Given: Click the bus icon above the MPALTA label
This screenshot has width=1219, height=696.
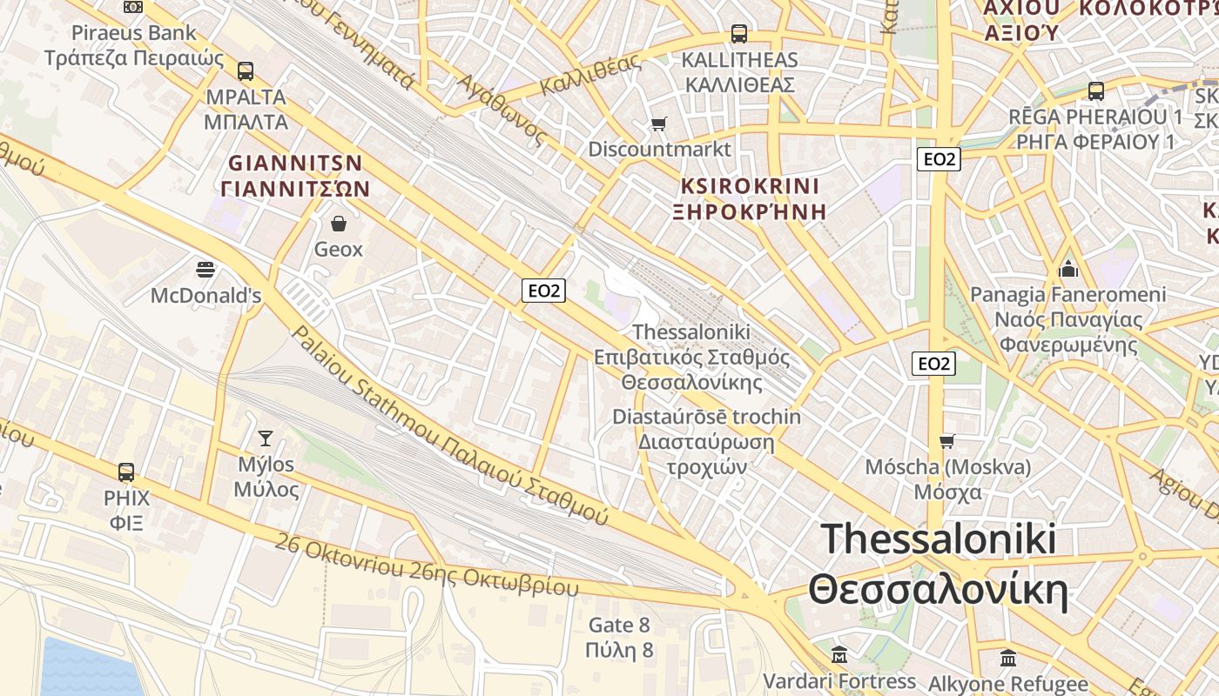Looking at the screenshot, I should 246,70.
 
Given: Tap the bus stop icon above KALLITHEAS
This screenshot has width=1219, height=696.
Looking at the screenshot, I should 739,34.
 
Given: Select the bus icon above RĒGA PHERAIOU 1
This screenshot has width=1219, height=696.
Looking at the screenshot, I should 1095,90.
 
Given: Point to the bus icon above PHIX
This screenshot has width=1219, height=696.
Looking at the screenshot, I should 126,472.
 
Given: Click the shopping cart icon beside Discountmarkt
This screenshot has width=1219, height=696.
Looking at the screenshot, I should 659,124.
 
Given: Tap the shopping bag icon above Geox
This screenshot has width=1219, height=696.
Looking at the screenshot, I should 339,224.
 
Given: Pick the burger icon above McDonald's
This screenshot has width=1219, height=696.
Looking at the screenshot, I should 205,270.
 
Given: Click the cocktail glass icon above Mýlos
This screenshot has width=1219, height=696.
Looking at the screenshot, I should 266,438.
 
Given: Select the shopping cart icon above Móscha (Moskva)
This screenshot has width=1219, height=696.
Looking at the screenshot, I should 947,441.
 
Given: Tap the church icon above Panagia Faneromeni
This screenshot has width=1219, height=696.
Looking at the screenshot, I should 1068,269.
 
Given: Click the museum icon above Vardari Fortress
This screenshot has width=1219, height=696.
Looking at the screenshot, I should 839,654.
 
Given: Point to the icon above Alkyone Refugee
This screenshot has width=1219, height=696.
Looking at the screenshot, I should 1008,657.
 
